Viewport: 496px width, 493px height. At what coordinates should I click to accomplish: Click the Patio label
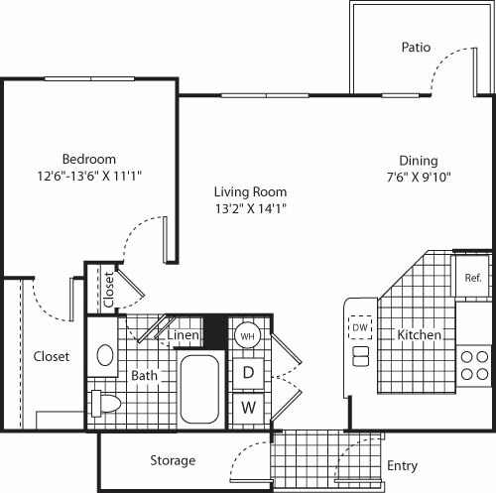[416, 47]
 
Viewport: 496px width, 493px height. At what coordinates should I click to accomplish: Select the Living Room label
[251, 191]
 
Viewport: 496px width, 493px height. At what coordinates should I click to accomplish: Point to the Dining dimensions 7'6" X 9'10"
[419, 178]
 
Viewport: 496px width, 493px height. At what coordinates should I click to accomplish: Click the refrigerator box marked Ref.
[472, 278]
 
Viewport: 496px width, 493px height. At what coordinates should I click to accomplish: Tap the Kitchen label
[419, 335]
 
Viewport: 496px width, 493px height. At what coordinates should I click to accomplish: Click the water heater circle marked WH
[247, 335]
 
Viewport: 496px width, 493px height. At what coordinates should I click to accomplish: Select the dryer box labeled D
[248, 372]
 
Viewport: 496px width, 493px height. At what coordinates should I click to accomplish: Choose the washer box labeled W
[248, 407]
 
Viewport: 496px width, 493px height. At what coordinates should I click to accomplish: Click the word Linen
[184, 336]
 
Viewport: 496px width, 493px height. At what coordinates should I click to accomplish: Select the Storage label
[173, 460]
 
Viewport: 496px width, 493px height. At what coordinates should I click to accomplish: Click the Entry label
[403, 466]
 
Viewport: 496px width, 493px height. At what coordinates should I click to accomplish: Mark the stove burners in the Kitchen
[474, 364]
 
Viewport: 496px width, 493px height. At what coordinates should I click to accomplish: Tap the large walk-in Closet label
[52, 356]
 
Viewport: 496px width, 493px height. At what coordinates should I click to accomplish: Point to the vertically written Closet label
[108, 289]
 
